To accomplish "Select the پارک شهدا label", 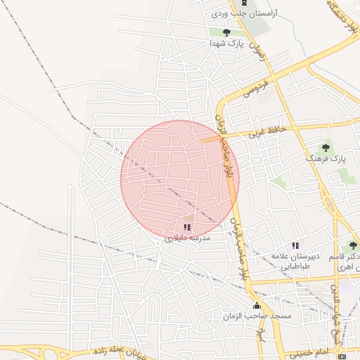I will click(x=226, y=43).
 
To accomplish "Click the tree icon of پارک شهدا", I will click(x=226, y=32).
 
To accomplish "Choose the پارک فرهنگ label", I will click(x=326, y=160).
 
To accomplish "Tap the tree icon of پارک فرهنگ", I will click(x=326, y=148).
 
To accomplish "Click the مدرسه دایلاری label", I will click(x=184, y=239).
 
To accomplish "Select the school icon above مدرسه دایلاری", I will click(x=187, y=227).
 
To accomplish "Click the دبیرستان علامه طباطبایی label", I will click(x=296, y=262).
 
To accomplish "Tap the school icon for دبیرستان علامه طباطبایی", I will click(x=296, y=246).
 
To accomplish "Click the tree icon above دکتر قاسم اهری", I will click(x=353, y=245).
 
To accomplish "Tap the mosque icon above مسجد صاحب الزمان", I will click(x=257, y=306).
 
